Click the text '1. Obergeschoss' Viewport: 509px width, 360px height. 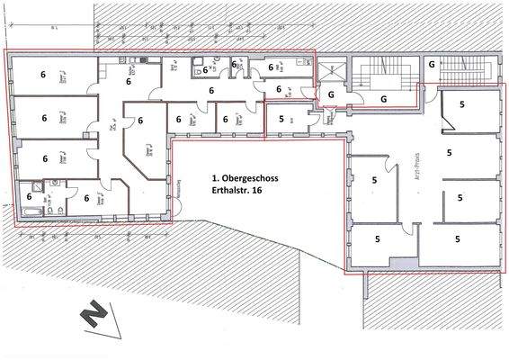244,179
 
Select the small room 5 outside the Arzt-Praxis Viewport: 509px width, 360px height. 281,117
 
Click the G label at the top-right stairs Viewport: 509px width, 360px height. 432,64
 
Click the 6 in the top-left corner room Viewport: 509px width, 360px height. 43,76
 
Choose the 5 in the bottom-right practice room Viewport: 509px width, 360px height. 459,239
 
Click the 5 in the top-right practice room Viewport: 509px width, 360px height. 462,104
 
